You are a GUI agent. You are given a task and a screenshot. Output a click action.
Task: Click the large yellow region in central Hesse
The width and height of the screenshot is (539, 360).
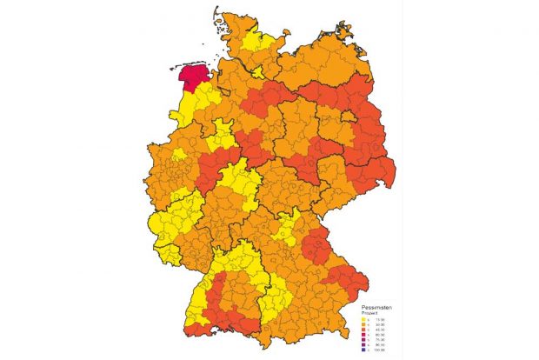click(x=236, y=181)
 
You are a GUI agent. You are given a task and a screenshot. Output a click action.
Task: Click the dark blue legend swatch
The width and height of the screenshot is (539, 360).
click(x=362, y=350)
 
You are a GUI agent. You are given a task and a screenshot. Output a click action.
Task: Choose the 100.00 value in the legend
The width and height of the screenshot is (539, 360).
click(x=381, y=350)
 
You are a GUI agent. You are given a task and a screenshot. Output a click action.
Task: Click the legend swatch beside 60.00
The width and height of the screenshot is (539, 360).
click(x=362, y=336)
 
